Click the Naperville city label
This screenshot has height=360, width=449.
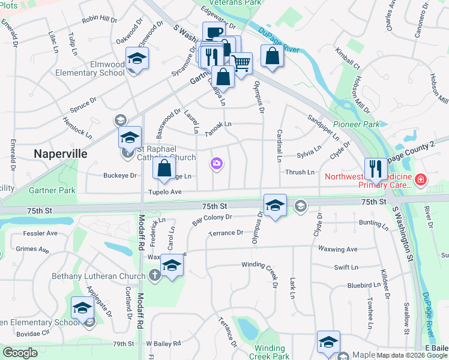pyautogui.click(x=60, y=153)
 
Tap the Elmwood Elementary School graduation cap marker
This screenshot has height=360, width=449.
pyautogui.click(x=137, y=59)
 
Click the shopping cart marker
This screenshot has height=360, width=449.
pyautogui.click(x=241, y=62)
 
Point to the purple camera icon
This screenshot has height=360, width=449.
pyautogui.click(x=216, y=163)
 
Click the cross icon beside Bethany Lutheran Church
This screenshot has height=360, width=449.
pyautogui.click(x=154, y=275)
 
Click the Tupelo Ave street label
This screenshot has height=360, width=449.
pyautogui.click(x=164, y=192)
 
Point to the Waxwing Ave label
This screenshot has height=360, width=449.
pyautogui.click(x=337, y=249)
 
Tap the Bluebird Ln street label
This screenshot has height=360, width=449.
pyautogui.click(x=348, y=286)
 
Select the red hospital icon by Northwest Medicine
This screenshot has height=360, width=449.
pyautogui.click(x=420, y=179)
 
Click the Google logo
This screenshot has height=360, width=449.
pyautogui.click(x=20, y=353)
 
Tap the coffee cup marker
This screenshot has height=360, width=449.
pyautogui.click(x=213, y=32)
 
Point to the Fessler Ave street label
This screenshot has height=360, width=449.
pyautogui.click(x=40, y=233)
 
